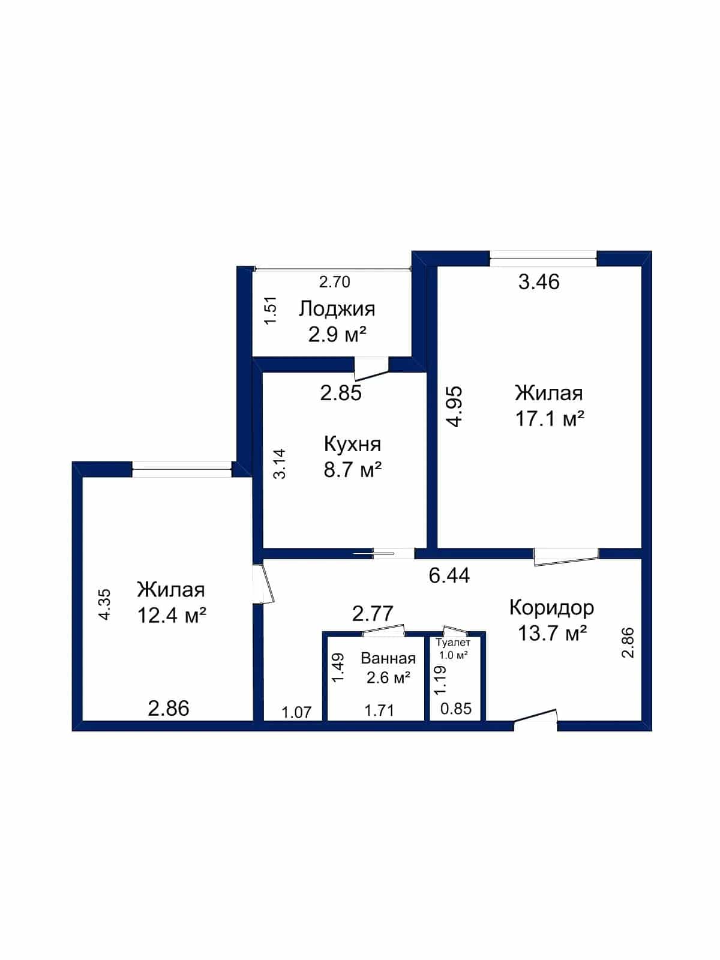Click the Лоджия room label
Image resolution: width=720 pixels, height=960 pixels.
click(337, 309)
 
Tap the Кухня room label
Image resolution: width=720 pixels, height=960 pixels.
click(352, 445)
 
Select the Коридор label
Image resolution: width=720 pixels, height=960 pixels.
click(551, 608)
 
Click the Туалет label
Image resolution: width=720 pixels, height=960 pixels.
click(454, 643)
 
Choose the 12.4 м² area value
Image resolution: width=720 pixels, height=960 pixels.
click(172, 616)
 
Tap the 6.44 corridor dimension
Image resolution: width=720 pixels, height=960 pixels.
click(449, 575)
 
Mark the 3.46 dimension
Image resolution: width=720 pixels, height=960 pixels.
click(539, 281)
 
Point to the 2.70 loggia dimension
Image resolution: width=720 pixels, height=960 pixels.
click(334, 282)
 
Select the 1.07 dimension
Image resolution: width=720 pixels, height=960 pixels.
click(296, 713)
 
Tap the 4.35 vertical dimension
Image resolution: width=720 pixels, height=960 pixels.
click(106, 605)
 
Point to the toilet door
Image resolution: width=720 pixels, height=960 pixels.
click(455, 631)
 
